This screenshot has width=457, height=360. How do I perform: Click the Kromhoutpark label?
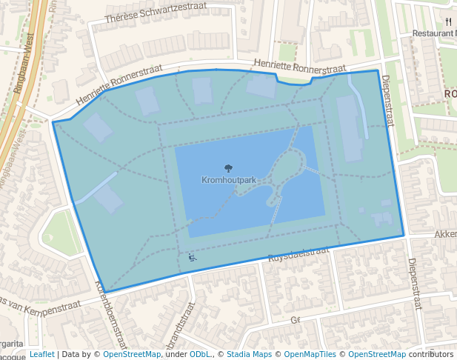(x=229, y=180)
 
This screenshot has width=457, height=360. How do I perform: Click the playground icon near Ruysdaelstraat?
(x=193, y=258)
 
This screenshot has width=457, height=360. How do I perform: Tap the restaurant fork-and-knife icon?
(x=448, y=21)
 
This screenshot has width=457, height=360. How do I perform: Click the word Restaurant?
(x=433, y=33)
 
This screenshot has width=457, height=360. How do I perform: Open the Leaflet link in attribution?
(x=41, y=355)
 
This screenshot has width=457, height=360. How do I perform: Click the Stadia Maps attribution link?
(x=249, y=355)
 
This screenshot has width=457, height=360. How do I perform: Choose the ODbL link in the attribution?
(x=200, y=355)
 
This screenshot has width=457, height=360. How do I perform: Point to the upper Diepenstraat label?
(x=387, y=101)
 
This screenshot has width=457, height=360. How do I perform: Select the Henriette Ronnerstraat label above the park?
(x=299, y=67)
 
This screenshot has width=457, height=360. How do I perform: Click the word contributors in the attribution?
(x=430, y=355)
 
